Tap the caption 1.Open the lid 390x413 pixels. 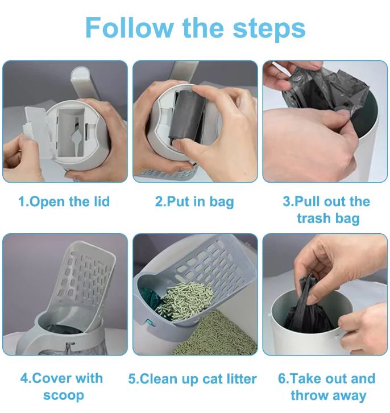[64, 201]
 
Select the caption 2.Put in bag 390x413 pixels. [194, 201]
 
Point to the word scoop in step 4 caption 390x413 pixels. [64, 395]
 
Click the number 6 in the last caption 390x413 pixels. [282, 379]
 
